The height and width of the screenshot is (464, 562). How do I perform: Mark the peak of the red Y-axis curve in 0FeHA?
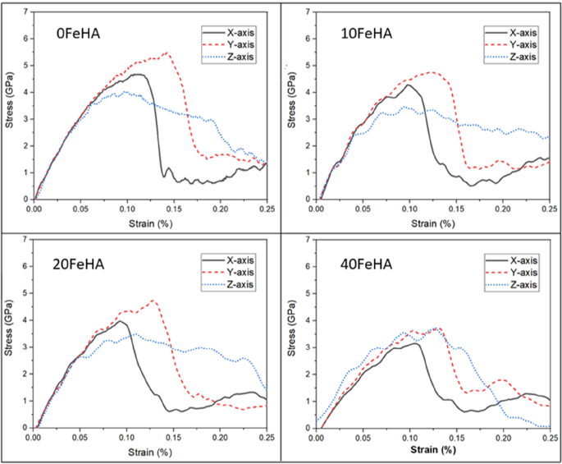167,53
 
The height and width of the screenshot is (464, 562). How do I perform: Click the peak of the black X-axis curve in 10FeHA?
408,85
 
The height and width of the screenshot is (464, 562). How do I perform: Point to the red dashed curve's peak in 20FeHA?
153,301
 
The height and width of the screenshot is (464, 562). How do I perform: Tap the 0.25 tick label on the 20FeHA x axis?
266,439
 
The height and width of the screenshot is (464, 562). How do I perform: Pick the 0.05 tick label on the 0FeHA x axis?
80,209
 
